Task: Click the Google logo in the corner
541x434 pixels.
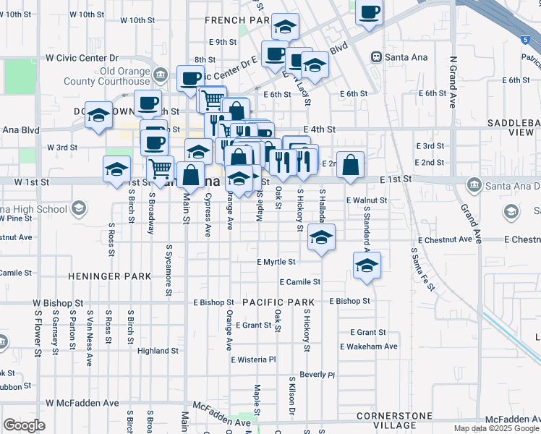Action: coord(24,425)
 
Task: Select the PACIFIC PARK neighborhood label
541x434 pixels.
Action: coord(278,302)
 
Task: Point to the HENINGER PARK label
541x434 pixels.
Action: coord(110,276)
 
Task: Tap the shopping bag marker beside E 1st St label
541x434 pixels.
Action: coord(350,165)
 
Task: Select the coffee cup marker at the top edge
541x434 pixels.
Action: coord(369,12)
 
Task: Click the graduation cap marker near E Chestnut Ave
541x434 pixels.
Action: coord(321,237)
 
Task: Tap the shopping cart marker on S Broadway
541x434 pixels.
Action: coord(161,170)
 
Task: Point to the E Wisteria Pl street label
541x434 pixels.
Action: coord(253,359)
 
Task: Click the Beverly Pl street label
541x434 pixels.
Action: coord(318,375)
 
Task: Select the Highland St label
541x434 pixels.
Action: coord(158,351)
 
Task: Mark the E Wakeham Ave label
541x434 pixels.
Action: coord(369,346)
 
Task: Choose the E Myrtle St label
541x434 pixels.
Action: coord(276,262)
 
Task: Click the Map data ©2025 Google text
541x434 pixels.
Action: coord(495,428)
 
